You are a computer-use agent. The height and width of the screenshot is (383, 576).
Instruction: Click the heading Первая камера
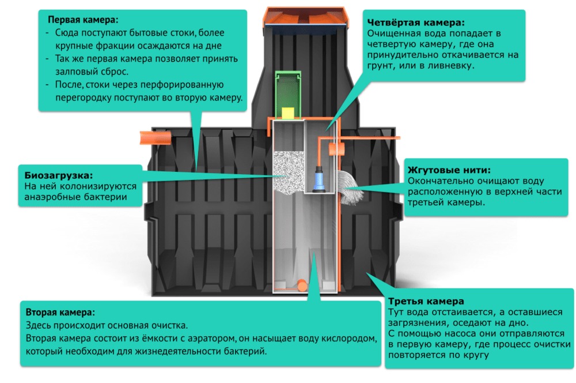click(x=83, y=20)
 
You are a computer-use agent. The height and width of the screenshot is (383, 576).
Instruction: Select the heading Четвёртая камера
click(x=415, y=23)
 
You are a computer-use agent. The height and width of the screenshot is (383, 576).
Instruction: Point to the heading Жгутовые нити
click(x=449, y=170)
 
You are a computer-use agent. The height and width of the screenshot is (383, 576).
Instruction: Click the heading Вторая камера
click(x=59, y=312)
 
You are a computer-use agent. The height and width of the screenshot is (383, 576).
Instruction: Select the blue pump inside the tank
click(x=317, y=179)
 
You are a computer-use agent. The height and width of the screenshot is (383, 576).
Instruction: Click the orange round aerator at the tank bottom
click(x=302, y=284)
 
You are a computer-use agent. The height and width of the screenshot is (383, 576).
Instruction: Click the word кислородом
click(x=344, y=338)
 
